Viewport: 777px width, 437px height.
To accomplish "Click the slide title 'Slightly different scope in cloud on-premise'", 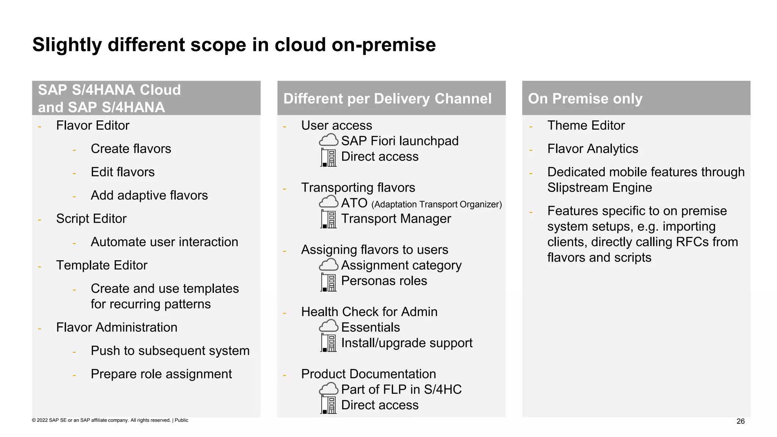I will point(234,45).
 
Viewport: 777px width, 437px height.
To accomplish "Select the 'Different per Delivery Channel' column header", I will point(387,99).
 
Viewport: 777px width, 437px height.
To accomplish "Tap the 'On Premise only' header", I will point(585,99).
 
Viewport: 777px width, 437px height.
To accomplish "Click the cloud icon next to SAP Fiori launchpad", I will point(328,140).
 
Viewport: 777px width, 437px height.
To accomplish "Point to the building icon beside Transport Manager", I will point(329,219).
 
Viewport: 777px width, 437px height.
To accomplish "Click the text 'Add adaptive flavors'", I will point(149,195).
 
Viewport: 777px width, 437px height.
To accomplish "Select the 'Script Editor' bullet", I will point(91,219).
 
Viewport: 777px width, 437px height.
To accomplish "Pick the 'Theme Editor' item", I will point(586,126).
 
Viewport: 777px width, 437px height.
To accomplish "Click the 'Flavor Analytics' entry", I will point(593,149).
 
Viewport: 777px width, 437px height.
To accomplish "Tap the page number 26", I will point(740,421).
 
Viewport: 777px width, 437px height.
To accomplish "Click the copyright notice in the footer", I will point(110,420).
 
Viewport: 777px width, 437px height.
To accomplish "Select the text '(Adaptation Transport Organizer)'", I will point(436,204).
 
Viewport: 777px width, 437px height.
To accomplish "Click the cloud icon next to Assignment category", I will point(328,264).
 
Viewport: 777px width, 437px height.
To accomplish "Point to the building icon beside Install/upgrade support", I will point(329,343).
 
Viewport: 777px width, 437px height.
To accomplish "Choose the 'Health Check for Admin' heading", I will point(369,312).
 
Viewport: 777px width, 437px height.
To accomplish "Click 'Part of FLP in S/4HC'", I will point(401,390).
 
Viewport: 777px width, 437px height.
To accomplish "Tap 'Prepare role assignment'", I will point(161,374).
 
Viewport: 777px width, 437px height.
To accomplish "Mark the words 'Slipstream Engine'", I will point(599,188).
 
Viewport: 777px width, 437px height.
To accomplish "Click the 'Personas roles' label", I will point(384,281).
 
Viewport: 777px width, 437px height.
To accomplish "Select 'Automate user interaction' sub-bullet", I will point(164,242).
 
